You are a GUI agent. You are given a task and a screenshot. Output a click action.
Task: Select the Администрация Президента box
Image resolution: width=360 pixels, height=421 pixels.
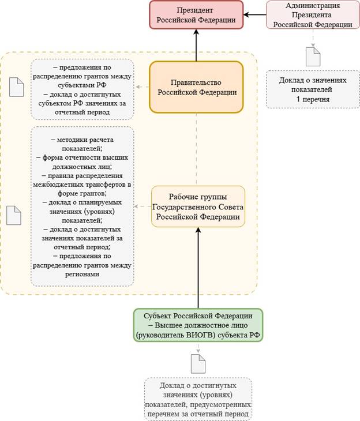click(x=313, y=15)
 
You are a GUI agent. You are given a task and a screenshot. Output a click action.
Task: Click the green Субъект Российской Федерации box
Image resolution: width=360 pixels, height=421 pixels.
click(x=198, y=325)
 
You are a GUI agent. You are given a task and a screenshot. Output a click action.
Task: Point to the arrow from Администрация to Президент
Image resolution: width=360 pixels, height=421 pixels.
click(x=254, y=15)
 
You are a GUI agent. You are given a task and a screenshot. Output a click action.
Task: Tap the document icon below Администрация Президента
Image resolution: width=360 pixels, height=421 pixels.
click(x=313, y=57)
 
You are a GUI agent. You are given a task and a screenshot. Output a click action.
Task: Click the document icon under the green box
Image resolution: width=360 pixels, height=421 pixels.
click(x=198, y=363)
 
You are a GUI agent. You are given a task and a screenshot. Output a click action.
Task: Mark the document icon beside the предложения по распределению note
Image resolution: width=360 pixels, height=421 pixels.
click(x=17, y=87)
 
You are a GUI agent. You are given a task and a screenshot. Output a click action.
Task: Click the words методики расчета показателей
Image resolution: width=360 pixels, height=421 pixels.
click(x=82, y=144)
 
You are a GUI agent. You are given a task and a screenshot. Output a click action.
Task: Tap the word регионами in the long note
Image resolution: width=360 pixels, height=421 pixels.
click(x=82, y=275)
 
